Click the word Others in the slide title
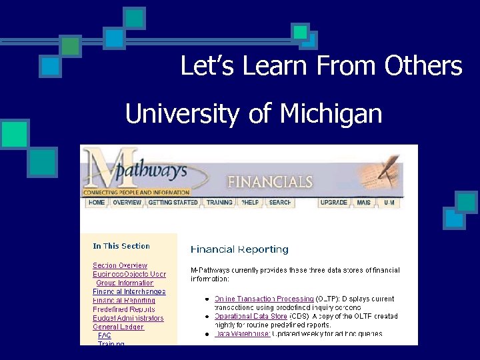[x=423, y=66]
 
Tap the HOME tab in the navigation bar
[x=97, y=202]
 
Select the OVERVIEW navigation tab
[x=127, y=202]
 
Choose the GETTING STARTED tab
[x=173, y=202]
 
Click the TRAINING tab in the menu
[x=219, y=202]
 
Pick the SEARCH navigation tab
[x=280, y=202]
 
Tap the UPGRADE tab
[x=334, y=202]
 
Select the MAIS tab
[x=364, y=202]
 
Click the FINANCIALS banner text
[x=270, y=181]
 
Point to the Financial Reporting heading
[x=239, y=249]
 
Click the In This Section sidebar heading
[x=121, y=246]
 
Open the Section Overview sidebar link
[x=120, y=265]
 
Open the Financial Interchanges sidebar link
[x=129, y=291]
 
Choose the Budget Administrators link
[x=128, y=318]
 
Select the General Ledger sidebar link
[x=118, y=327]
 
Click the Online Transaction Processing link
[x=264, y=299]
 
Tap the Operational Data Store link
[x=251, y=316]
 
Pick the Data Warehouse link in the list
[x=242, y=333]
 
